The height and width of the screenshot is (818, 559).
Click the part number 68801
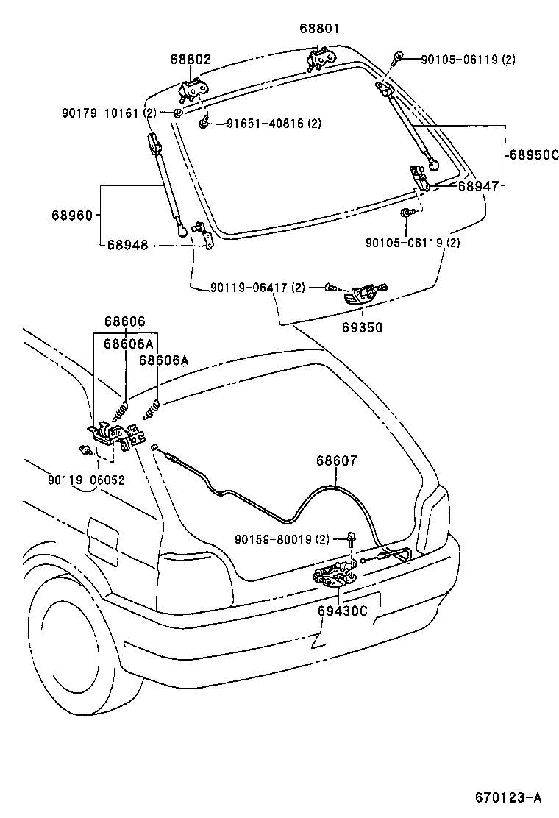point(319,29)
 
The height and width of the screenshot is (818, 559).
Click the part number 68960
point(72,216)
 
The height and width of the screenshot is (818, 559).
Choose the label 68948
point(127,245)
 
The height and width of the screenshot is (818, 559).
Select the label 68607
point(337,461)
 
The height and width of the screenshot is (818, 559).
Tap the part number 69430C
point(343,611)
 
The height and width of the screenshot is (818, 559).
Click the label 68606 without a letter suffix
point(124,321)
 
